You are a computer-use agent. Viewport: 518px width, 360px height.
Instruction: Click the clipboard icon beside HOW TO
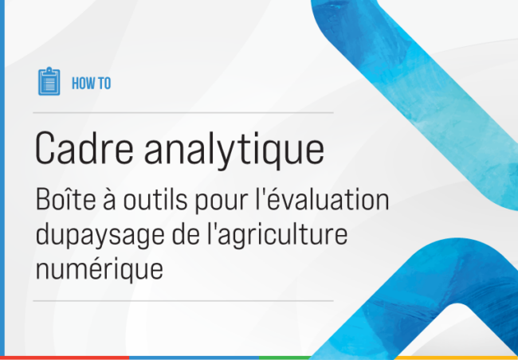(x=49, y=81)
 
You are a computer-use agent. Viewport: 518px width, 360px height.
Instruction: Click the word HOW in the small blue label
(x=80, y=82)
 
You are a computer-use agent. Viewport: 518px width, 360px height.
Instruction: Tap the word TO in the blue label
(x=104, y=82)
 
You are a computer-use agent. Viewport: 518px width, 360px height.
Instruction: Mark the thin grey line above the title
(x=184, y=112)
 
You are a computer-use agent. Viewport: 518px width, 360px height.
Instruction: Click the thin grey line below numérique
(x=184, y=301)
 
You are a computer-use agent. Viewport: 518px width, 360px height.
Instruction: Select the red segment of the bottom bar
(x=64, y=358)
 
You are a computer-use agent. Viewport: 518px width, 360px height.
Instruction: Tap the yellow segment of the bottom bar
(x=454, y=358)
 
